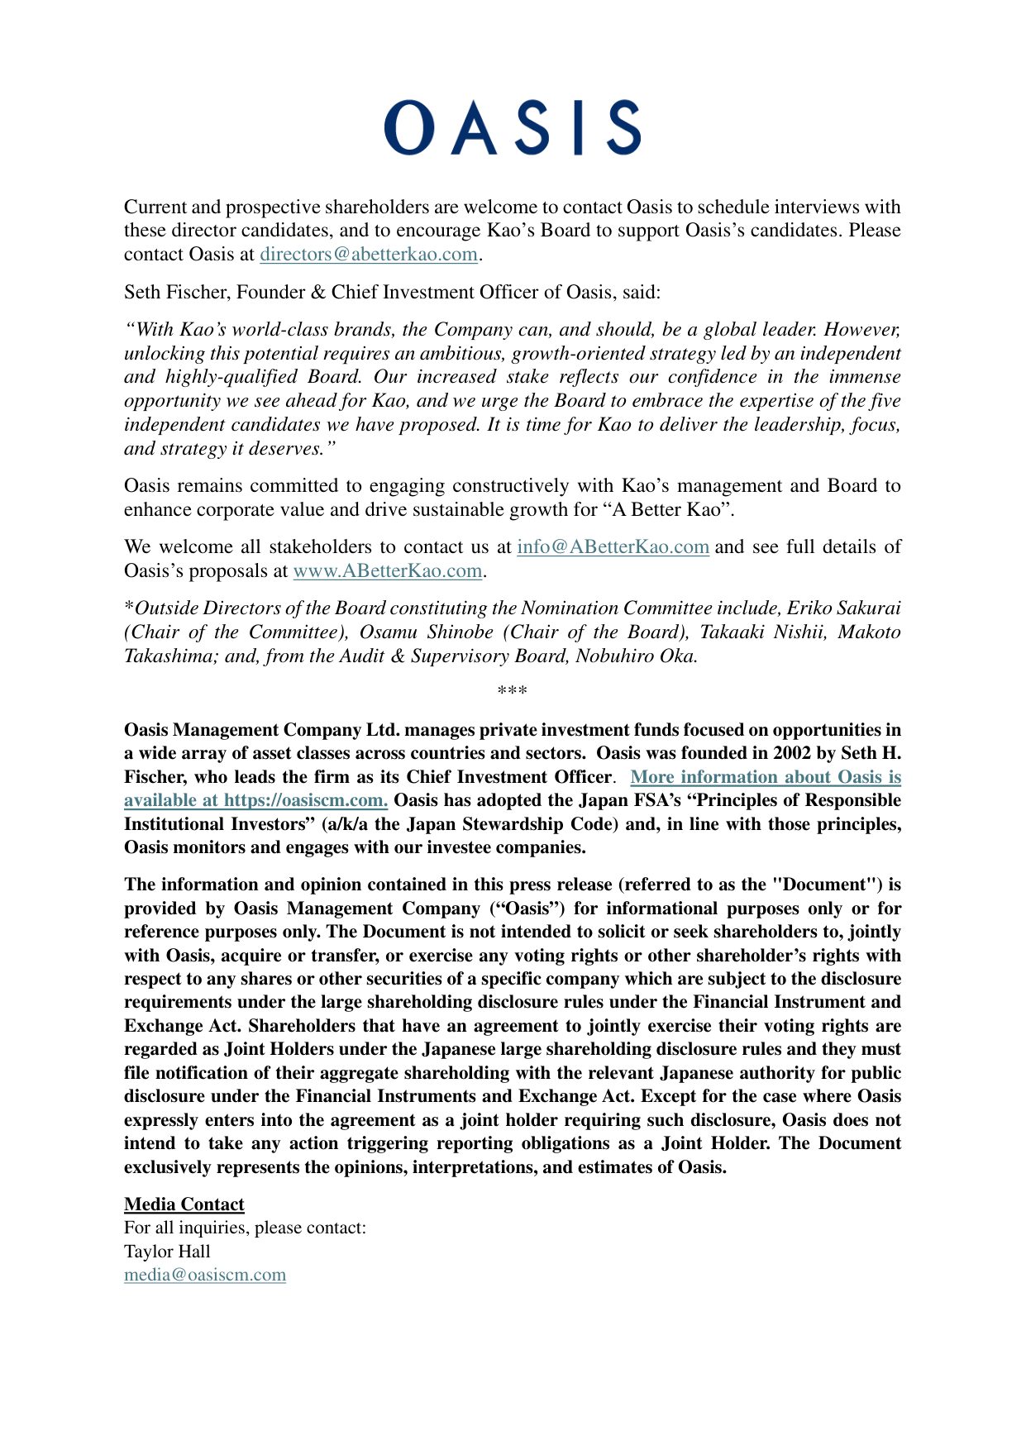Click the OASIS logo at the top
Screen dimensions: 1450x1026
[512, 128]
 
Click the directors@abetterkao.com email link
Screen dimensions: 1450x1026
[369, 255]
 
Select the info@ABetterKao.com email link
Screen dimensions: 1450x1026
[613, 547]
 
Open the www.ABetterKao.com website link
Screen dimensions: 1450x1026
[387, 571]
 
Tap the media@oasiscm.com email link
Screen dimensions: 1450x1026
[205, 1275]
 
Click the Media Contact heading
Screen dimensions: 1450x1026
[184, 1204]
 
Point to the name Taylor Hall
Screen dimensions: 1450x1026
[167, 1252]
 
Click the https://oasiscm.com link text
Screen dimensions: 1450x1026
[305, 800]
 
